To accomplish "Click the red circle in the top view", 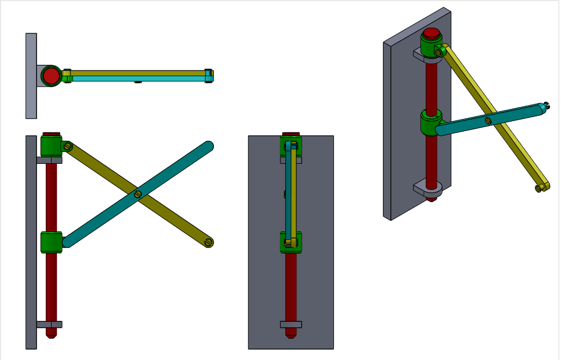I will tap(51, 76).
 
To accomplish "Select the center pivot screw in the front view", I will tap(138, 194).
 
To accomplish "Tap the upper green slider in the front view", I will tap(51, 147).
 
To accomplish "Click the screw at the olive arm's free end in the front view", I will tap(209, 242).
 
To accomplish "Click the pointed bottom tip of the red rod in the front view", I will tap(51, 334).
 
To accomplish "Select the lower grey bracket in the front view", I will tap(49, 324).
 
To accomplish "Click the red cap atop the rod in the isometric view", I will tap(431, 34).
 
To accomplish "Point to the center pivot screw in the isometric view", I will tap(488, 121).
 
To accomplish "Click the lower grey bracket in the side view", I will tap(291, 324).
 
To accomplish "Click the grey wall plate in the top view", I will tap(31, 76).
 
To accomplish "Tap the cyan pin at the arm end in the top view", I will tap(209, 76).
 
